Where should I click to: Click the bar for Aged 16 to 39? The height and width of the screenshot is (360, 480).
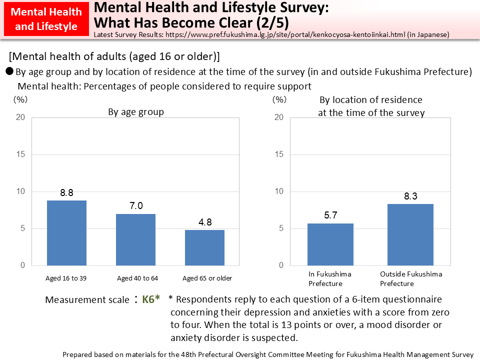(x=66, y=233)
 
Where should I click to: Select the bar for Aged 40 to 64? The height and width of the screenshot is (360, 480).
(x=136, y=239)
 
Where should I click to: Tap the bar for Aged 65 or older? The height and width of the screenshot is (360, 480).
(x=204, y=247)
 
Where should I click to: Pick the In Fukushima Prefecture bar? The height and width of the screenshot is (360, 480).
(x=330, y=244)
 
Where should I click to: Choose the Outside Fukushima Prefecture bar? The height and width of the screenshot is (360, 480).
(x=410, y=234)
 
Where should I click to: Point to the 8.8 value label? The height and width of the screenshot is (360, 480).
(x=67, y=192)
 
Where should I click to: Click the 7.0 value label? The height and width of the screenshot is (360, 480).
(x=136, y=206)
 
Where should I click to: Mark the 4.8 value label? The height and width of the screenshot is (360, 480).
(x=204, y=222)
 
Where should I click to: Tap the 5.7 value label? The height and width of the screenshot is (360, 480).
(x=330, y=215)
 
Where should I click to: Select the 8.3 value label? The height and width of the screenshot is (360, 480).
(x=410, y=196)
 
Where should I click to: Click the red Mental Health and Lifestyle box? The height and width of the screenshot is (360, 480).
(x=45, y=19)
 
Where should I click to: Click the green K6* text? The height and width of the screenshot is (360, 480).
(x=151, y=299)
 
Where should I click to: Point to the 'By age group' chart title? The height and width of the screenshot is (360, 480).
(x=136, y=112)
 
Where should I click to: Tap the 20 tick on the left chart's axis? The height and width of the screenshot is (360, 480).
(x=20, y=117)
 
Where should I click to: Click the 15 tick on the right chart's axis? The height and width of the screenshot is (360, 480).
(x=279, y=154)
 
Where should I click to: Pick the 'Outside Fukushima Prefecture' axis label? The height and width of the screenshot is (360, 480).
(x=411, y=278)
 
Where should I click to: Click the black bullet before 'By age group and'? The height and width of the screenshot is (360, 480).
(x=9, y=71)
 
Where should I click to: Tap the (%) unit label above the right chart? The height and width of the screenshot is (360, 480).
(x=279, y=99)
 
